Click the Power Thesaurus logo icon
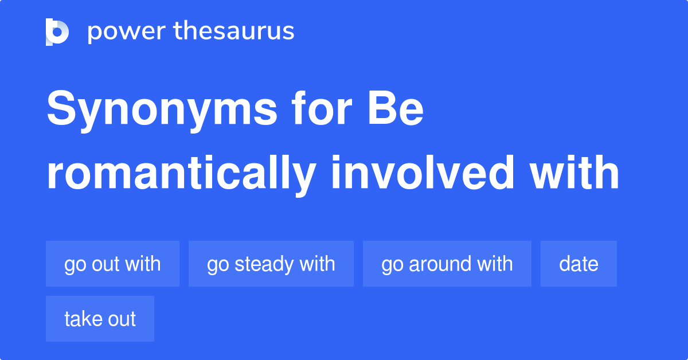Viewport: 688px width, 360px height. tap(57, 32)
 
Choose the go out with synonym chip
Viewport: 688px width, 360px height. tap(112, 264)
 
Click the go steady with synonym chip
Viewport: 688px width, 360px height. tap(271, 264)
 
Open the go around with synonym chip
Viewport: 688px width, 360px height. tap(447, 264)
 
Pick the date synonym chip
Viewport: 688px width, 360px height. tap(578, 264)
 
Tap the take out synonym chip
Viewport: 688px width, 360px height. tap(100, 319)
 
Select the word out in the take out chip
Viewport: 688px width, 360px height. tap(120, 319)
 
